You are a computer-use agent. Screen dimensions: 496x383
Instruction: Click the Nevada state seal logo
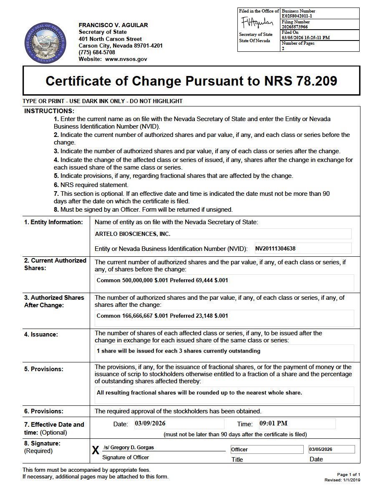45,43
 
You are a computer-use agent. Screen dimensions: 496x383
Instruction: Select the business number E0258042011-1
297,16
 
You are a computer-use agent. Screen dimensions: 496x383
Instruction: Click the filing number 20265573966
295,27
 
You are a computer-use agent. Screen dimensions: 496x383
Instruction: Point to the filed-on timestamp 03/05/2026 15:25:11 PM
306,38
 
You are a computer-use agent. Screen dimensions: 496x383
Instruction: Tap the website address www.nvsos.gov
126,59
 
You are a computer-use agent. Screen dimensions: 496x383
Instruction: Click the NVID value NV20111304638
275,249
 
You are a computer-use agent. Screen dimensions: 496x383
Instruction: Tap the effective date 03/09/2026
150,423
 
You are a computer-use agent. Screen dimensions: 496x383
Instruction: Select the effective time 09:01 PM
273,423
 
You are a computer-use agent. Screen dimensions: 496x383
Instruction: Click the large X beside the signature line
96,450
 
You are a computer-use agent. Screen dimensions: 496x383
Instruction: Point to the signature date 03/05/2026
320,450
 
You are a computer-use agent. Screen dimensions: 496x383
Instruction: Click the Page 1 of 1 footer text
348,475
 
